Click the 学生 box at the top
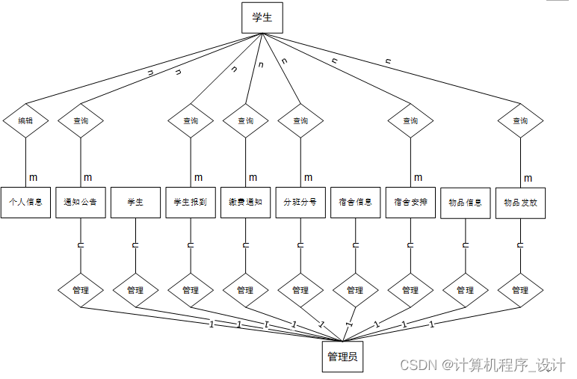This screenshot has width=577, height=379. pyautogui.click(x=262, y=18)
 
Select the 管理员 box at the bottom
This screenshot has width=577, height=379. pyautogui.click(x=342, y=357)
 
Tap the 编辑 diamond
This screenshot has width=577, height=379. pyautogui.click(x=25, y=121)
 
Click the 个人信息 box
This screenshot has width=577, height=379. pyautogui.click(x=25, y=202)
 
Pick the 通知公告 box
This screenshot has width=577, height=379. pyautogui.click(x=80, y=202)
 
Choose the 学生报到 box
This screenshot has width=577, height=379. pyautogui.click(x=190, y=202)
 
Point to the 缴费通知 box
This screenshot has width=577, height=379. pyautogui.click(x=245, y=202)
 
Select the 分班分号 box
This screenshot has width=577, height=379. pyautogui.click(x=300, y=202)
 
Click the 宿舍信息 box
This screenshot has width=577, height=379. pyautogui.click(x=355, y=202)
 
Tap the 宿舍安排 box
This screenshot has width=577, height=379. pyautogui.click(x=410, y=202)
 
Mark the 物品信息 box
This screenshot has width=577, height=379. pyautogui.click(x=465, y=202)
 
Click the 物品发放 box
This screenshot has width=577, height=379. pyautogui.click(x=520, y=202)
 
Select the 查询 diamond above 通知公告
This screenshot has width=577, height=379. pyautogui.click(x=80, y=121)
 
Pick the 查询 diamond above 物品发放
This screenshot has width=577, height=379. pyautogui.click(x=520, y=121)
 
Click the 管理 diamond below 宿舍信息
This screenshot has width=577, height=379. pyautogui.click(x=355, y=290)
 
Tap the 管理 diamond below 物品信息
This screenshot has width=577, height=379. pyautogui.click(x=465, y=290)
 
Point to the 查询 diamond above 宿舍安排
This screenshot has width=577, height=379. pyautogui.click(x=410, y=121)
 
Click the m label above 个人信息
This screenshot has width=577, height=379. pyautogui.click(x=33, y=177)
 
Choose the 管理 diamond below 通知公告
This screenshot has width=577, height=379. pyautogui.click(x=80, y=290)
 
